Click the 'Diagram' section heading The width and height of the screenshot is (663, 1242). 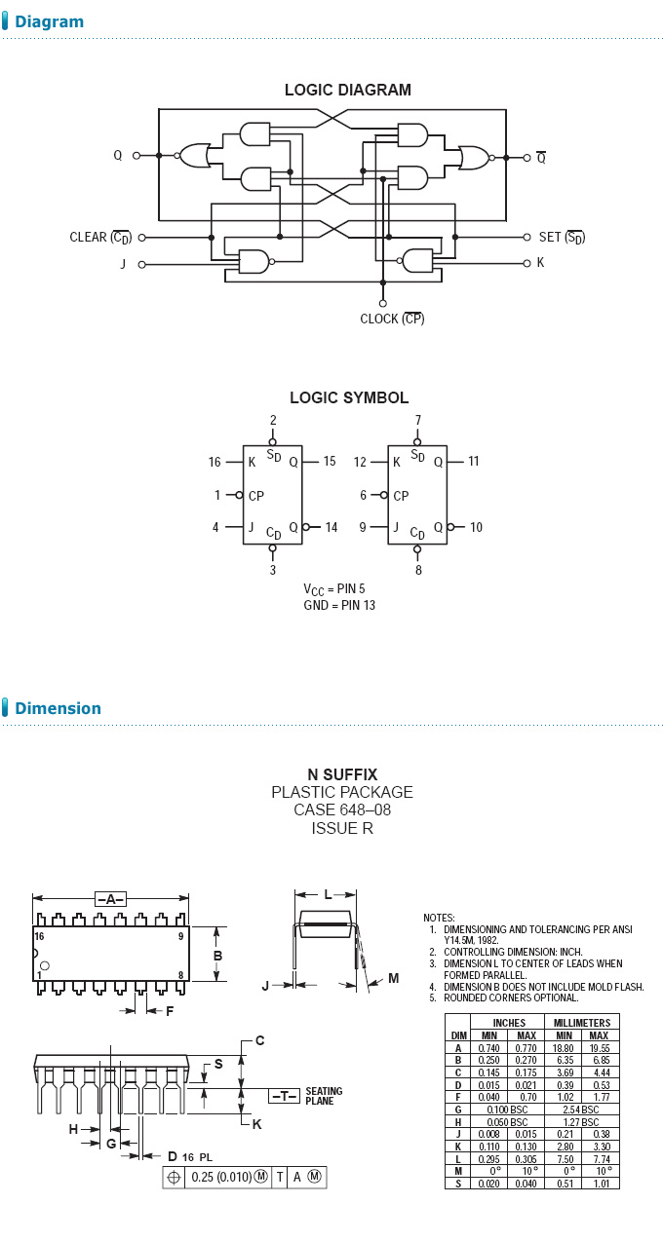[x=49, y=21]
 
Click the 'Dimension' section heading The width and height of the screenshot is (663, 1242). [x=58, y=708]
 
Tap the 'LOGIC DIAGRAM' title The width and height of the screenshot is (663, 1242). [x=348, y=90]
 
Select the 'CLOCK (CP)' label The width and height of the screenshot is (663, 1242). [x=392, y=319]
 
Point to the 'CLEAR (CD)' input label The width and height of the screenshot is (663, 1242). [x=100, y=237]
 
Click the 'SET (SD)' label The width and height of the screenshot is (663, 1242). [x=562, y=237]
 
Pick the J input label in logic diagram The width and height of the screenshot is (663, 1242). [x=124, y=264]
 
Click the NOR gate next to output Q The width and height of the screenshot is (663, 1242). [x=194, y=154]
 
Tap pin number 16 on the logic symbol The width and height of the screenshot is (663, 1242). [x=214, y=462]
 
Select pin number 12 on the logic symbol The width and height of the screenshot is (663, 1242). [x=360, y=462]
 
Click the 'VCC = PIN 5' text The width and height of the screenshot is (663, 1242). [x=334, y=589]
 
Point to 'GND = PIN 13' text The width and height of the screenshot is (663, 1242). [x=339, y=605]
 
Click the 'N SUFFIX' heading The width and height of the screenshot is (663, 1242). [x=342, y=775]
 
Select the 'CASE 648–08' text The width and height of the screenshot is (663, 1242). [x=342, y=810]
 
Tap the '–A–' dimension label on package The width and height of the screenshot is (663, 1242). [x=110, y=899]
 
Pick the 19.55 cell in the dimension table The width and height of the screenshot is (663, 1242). [x=600, y=1047]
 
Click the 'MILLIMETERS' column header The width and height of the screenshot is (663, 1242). [x=582, y=1023]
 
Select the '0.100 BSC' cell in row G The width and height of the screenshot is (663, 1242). [x=509, y=1110]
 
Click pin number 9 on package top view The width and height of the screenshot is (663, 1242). [x=180, y=936]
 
